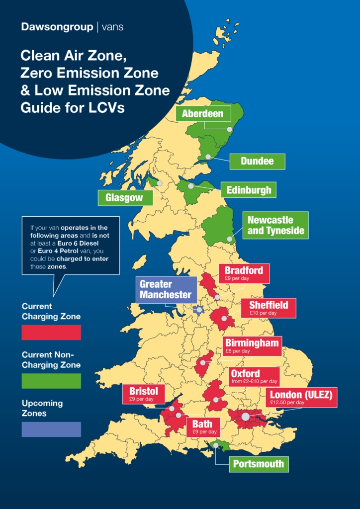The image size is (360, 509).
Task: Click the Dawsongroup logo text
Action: [57, 27]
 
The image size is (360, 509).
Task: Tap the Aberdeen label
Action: [203, 114]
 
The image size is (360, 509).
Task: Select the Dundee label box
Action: [258, 161]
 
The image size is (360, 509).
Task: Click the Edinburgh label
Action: [249, 189]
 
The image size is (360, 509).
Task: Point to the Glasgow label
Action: [124, 197]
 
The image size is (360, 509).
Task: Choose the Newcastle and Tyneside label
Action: [275, 225]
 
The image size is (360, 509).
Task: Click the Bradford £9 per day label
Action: [244, 273]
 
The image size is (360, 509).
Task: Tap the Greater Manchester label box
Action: [166, 289]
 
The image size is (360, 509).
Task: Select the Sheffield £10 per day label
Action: [269, 308]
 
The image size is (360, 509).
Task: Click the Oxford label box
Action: [254, 377]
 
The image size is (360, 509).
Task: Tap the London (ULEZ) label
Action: [301, 397]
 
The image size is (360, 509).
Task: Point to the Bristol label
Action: [144, 394]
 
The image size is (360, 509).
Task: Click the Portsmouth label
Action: [259, 464]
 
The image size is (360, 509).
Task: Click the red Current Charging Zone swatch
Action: [51, 332]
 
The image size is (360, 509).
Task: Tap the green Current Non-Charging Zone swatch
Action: [51, 381]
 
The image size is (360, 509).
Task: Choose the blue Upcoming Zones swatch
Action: [51, 429]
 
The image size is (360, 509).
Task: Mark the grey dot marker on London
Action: [245, 417]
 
